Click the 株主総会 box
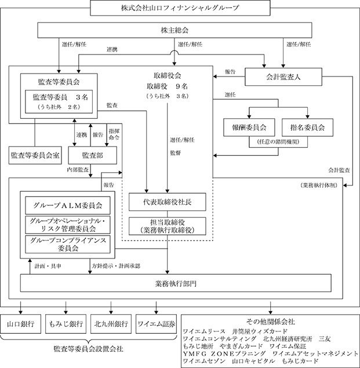pyautogui.click(x=174, y=30)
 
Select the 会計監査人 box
pyautogui.click(x=283, y=76)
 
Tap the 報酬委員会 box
pyautogui.click(x=249, y=127)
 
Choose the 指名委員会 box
pyautogui.click(x=307, y=127)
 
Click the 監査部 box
pyautogui.click(x=93, y=155)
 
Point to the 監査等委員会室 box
pyautogui.click(x=35, y=155)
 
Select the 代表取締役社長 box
pyautogui.click(x=168, y=202)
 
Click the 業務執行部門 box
pyautogui.click(x=176, y=283)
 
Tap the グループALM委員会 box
pyautogui.click(x=68, y=205)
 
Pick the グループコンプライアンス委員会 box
pyautogui.click(x=68, y=245)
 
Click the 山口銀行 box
pyautogui.click(x=21, y=324)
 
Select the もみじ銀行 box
pyautogui.click(x=66, y=324)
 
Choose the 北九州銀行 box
pyautogui.click(x=111, y=324)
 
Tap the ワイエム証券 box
pyautogui.click(x=156, y=324)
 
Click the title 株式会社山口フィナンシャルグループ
pyautogui.click(x=180, y=8)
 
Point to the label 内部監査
pyautogui.click(x=78, y=169)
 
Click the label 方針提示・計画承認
pyautogui.click(x=116, y=266)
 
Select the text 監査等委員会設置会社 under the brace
pyautogui.click(x=88, y=349)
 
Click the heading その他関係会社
pyautogui.click(x=271, y=321)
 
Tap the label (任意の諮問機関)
pyautogui.click(x=278, y=142)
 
